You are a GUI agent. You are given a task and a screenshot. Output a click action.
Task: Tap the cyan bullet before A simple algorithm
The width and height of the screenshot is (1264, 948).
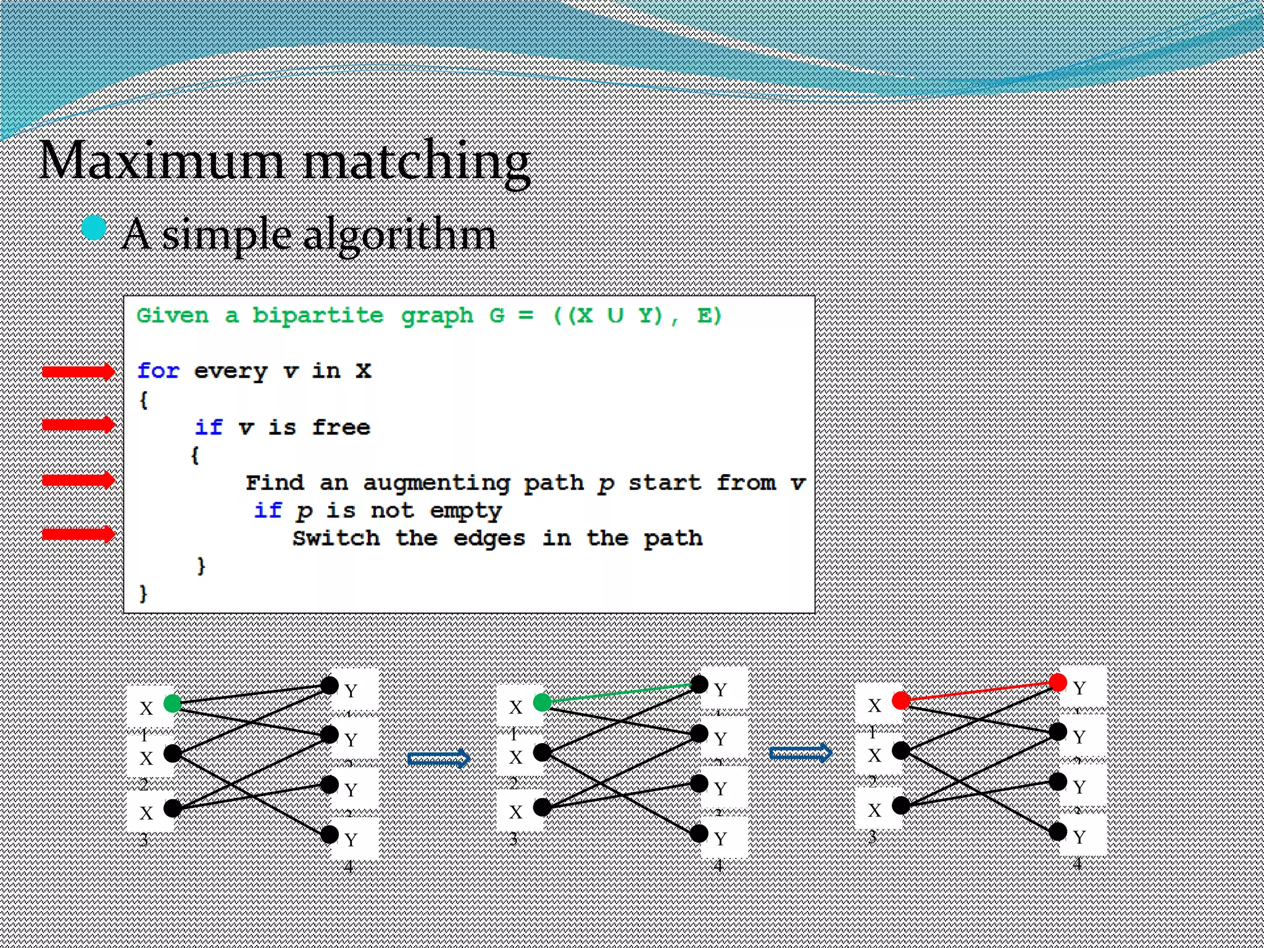coord(94,228)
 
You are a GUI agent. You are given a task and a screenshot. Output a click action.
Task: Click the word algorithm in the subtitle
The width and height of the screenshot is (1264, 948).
coord(399,236)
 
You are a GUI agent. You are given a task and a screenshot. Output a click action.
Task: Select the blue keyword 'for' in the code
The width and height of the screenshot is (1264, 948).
coord(158,371)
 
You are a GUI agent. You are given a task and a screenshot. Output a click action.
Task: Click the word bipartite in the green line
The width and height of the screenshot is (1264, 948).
coord(317,315)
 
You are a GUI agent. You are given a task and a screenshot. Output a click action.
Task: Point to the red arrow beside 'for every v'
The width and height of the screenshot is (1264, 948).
coord(78,372)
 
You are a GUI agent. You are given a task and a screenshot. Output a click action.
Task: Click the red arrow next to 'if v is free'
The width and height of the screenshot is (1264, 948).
coord(78,425)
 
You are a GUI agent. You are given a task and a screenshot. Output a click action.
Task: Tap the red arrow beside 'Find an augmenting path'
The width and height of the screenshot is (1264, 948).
coord(78,480)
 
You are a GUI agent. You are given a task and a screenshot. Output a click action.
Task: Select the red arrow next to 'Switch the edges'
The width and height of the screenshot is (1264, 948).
coord(78,534)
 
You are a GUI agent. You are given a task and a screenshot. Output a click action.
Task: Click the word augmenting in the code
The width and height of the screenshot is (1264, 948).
coord(436,483)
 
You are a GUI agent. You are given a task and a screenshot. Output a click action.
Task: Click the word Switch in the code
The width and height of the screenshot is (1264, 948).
coord(336,538)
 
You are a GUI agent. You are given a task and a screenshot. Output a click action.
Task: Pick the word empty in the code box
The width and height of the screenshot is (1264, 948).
coord(465,511)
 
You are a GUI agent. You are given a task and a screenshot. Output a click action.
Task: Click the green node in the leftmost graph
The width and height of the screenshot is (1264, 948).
coord(172,703)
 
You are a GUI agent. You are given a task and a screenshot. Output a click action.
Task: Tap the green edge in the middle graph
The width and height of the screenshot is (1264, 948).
coord(620,693)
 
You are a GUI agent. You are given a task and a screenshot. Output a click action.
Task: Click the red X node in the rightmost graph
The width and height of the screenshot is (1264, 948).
coord(900,701)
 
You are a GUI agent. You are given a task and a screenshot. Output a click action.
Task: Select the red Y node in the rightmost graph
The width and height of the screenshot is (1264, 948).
coord(1057,682)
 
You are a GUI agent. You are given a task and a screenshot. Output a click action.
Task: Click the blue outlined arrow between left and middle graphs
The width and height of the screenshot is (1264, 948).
coord(439,758)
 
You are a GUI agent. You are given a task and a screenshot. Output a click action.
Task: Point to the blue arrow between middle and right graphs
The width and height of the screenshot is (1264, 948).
coord(800,753)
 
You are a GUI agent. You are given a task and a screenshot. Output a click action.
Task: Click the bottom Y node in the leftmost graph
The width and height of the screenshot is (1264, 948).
coord(330,834)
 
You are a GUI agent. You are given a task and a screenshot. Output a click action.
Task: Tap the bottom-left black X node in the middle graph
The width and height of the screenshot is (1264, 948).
coord(542,807)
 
